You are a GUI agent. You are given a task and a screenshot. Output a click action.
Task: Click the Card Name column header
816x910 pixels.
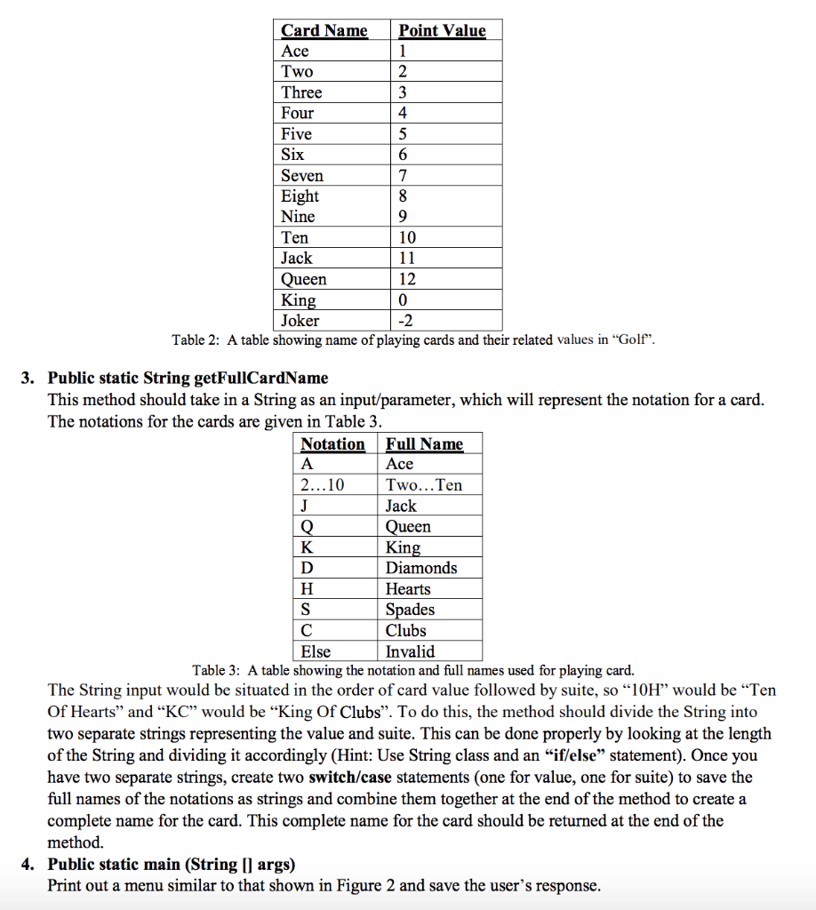[x=324, y=31]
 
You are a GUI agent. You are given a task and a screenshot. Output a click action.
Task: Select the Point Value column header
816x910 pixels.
[x=442, y=31]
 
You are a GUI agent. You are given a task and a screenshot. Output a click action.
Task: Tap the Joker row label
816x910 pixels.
[x=300, y=321]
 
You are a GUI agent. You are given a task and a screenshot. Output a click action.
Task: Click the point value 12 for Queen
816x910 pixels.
[x=408, y=279]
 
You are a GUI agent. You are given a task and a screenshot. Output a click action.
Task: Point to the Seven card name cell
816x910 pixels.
[x=302, y=176]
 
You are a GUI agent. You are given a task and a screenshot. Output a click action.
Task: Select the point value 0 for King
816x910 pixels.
[x=404, y=300]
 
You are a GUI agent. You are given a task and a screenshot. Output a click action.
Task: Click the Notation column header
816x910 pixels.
[x=333, y=444]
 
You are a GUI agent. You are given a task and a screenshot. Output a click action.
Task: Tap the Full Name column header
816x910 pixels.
[x=425, y=444]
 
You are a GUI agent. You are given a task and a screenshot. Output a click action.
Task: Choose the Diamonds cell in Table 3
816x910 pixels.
[x=421, y=568]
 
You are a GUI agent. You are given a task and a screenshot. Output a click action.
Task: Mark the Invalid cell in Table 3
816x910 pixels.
[x=411, y=651]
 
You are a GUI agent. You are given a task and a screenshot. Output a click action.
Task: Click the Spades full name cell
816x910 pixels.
[x=410, y=610]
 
